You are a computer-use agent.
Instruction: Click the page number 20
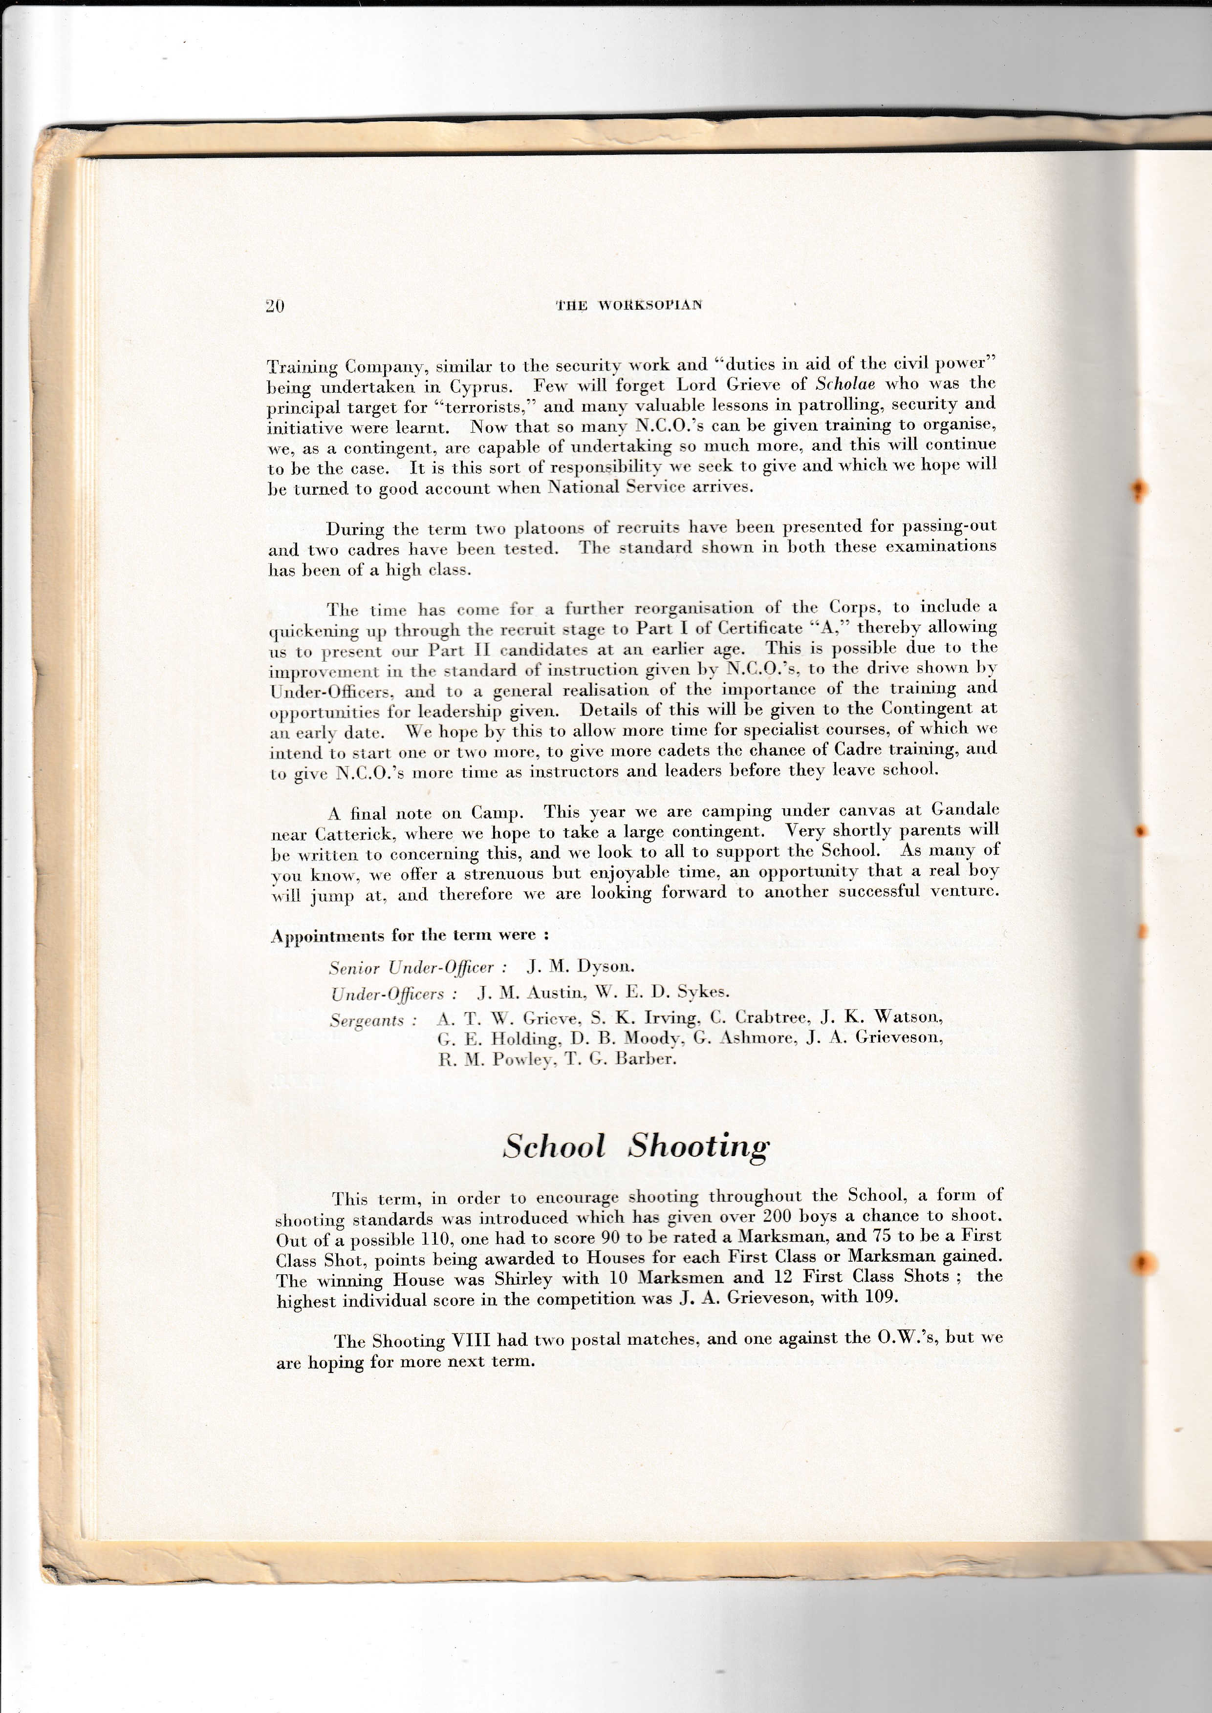275,306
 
